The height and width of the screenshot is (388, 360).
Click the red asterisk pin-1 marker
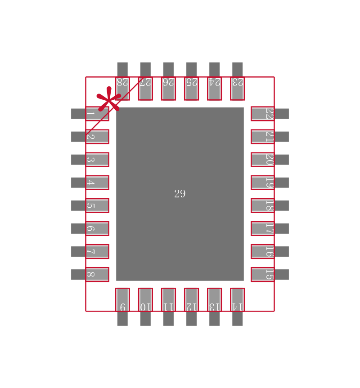tap(109, 99)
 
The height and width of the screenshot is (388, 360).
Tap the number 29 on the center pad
tap(180, 194)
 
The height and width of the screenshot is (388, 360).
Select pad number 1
tap(97, 114)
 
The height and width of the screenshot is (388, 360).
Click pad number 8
tap(97, 274)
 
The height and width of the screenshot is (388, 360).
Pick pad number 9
tap(122, 299)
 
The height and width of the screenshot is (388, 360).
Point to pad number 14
tap(237, 299)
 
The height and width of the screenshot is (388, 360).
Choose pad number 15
tap(262, 274)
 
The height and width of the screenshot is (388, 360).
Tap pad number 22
tap(262, 114)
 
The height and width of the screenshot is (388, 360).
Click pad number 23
tap(237, 89)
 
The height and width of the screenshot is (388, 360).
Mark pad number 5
tap(97, 205)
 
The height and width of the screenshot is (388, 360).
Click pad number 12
tap(191, 299)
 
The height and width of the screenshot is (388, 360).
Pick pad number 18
tap(262, 205)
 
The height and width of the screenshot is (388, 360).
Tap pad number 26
tap(168, 89)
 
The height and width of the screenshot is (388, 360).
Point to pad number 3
tap(97, 160)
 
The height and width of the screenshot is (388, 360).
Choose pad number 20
tap(262, 160)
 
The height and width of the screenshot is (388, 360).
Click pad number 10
tap(145, 299)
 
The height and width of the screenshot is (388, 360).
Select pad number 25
tap(191, 89)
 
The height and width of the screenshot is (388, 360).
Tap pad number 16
tap(262, 251)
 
